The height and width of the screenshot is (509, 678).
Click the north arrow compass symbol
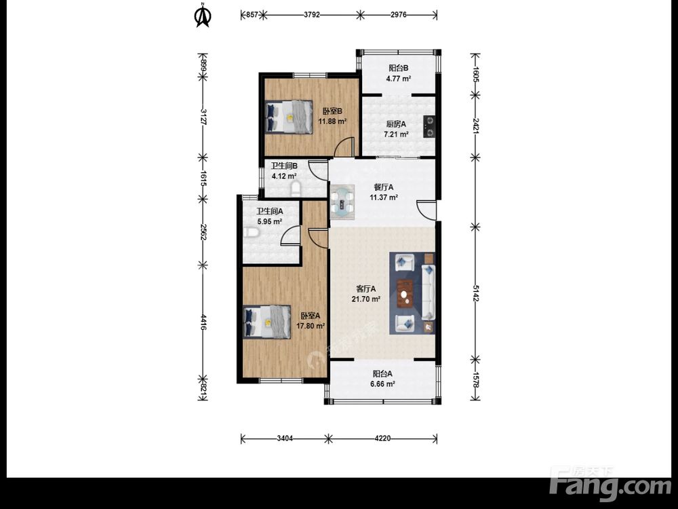202,15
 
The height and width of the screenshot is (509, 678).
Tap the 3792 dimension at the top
312,15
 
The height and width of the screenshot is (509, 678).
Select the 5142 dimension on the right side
475,293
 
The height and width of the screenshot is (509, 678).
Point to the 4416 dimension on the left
203,323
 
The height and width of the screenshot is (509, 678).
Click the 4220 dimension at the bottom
382,438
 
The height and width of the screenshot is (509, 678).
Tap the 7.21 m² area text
397,134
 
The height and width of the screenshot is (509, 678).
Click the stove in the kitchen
429,126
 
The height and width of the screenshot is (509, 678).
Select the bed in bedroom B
288,117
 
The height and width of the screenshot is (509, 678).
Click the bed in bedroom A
266,322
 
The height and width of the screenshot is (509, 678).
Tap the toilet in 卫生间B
296,189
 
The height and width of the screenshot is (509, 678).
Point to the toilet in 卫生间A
251,233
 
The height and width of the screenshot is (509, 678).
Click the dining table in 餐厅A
342,200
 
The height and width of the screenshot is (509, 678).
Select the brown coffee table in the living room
405,294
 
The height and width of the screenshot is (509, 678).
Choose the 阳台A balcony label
382,373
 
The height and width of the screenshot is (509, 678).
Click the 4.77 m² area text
398,79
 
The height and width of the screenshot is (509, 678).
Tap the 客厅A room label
366,288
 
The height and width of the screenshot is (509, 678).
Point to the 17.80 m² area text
311,326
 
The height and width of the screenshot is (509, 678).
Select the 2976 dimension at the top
398,15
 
